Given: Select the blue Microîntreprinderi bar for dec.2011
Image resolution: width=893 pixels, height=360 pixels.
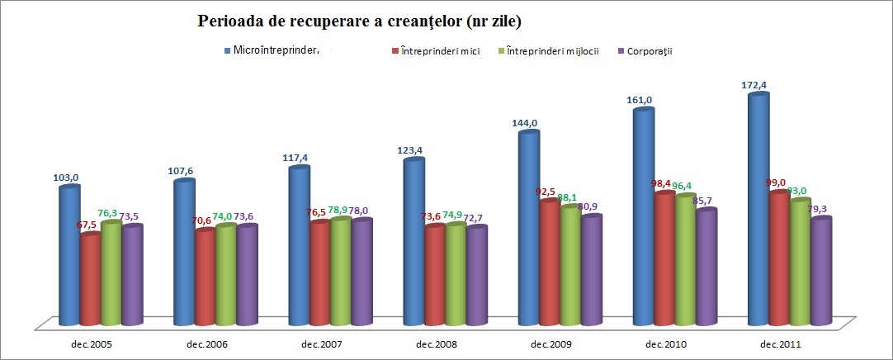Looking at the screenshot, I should [x=758, y=206].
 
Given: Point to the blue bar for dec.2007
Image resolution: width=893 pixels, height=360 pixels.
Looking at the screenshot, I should [x=298, y=244].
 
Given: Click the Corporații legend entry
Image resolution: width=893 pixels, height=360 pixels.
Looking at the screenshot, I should [x=647, y=51].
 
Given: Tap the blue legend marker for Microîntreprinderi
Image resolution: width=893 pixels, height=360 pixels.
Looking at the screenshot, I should [x=228, y=51].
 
